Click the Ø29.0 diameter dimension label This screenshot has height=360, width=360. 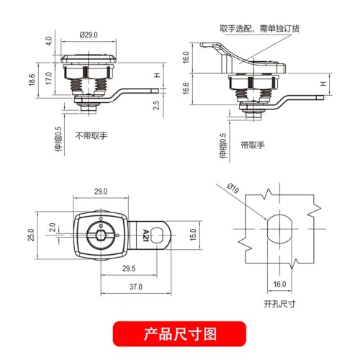(x=89, y=35)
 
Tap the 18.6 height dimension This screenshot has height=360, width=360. (x=32, y=80)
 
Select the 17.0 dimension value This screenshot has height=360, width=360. (x=49, y=78)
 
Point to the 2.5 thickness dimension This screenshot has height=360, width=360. (x=156, y=105)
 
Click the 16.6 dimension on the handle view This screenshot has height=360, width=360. (x=186, y=89)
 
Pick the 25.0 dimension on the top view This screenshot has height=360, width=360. (x=31, y=235)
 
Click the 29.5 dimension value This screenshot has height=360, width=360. (x=129, y=269)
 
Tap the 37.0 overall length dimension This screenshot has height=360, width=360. (x=136, y=287)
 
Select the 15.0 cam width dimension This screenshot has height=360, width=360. (x=193, y=235)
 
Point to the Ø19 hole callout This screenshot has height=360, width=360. (x=233, y=188)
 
